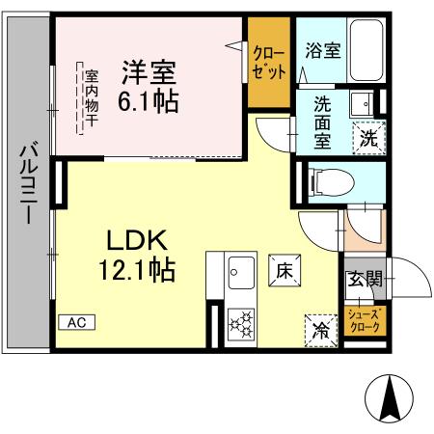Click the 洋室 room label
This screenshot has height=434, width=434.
click(x=149, y=70)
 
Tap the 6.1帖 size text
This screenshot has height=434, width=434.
click(x=149, y=101)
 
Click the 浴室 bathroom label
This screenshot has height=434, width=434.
click(x=321, y=49)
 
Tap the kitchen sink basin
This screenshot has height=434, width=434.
click(x=239, y=272)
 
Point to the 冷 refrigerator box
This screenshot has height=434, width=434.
click(x=319, y=328)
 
